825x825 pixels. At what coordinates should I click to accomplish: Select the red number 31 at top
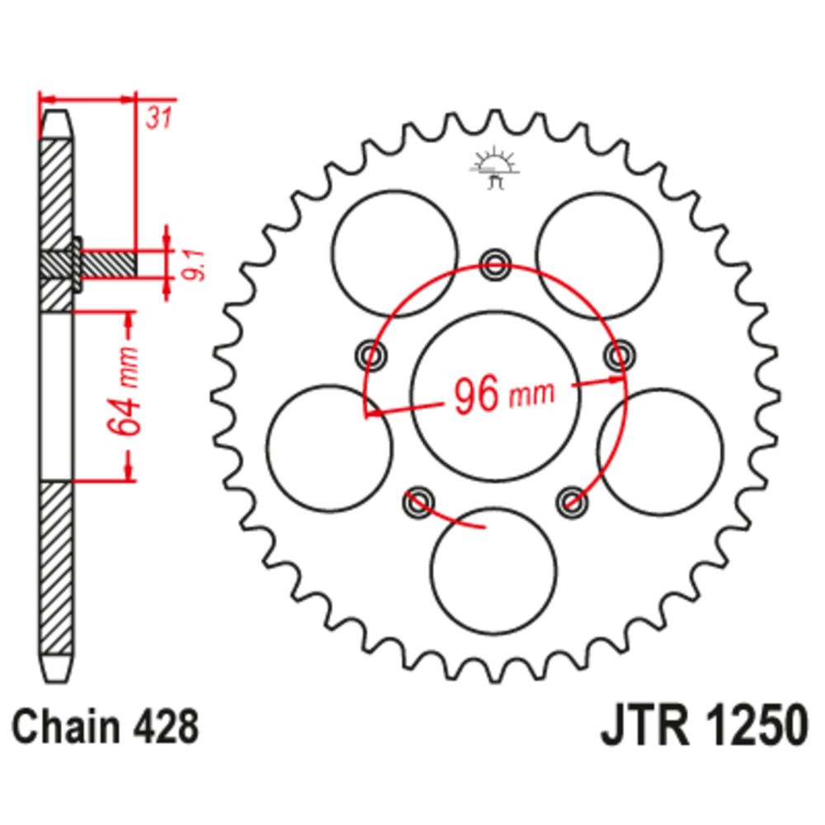coord(159,118)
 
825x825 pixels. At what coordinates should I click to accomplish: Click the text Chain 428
coord(106,727)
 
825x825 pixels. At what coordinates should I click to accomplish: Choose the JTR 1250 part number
coord(704,726)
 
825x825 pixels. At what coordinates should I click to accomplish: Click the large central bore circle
coord(495,396)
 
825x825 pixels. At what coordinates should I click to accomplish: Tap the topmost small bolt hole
coord(495,263)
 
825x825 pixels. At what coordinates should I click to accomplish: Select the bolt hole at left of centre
coord(371,355)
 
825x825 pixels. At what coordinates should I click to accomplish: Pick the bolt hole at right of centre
coord(620,355)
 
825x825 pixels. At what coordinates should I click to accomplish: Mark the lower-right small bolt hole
coord(572,501)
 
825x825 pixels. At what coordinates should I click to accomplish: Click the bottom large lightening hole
coord(493,572)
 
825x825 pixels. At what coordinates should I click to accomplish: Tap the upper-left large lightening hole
coord(395,253)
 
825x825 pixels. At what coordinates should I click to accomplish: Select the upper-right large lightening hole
coord(599,255)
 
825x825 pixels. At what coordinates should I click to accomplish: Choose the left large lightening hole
coord(329,449)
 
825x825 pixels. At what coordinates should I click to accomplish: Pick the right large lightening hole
coord(661,451)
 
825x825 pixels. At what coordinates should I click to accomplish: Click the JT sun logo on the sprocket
coord(494,167)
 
